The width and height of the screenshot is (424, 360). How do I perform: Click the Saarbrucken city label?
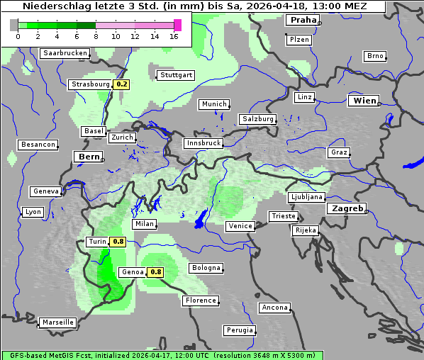click(x=65, y=53)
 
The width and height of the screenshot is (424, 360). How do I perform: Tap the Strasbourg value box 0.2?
click(x=122, y=84)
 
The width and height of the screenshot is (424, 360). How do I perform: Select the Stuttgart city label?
click(x=176, y=75)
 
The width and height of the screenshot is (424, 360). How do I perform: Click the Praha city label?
click(x=303, y=21)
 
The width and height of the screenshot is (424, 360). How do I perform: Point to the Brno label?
click(x=374, y=56)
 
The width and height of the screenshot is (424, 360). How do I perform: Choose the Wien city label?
click(x=364, y=101)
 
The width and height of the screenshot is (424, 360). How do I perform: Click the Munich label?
click(x=213, y=104)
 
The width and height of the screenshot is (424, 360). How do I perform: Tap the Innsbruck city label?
click(x=203, y=143)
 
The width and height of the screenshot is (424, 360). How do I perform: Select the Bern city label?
click(x=89, y=157)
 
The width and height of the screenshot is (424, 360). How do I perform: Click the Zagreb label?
click(x=346, y=208)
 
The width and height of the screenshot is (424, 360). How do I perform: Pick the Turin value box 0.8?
click(x=118, y=242)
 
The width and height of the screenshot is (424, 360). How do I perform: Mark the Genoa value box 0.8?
click(x=156, y=272)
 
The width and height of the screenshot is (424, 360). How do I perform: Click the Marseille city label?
click(x=57, y=322)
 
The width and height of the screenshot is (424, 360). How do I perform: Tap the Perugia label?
click(x=239, y=330)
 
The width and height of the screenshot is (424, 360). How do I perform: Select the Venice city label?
click(x=240, y=226)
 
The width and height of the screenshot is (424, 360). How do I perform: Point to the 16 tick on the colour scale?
click(x=174, y=36)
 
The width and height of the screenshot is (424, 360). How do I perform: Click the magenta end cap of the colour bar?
click(x=177, y=26)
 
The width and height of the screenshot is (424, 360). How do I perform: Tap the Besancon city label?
click(x=38, y=145)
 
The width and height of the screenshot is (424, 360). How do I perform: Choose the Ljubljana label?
click(x=306, y=197)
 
